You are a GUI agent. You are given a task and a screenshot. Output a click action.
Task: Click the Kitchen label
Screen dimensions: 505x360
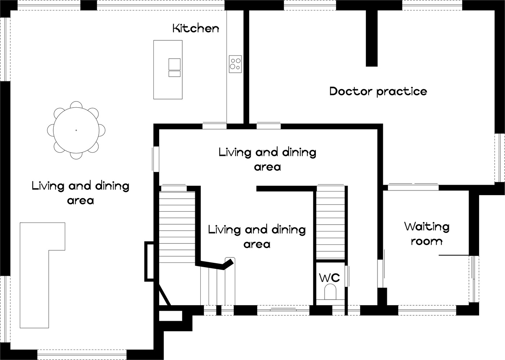pos(196,28)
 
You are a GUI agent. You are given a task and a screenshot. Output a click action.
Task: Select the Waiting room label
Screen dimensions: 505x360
pos(427,234)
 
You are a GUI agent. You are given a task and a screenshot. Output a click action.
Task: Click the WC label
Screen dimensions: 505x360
pos(329,278)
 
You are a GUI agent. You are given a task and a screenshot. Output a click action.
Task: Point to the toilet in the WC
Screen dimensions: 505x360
pos(330,292)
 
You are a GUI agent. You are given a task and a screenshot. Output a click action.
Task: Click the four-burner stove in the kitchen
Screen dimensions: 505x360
pos(235,64)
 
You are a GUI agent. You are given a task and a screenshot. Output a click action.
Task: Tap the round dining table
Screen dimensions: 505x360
pos(76,130)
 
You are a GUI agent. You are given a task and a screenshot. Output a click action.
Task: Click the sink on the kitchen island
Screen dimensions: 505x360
pos(174,64)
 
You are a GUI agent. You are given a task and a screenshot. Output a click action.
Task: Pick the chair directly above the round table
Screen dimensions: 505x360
pos(76,104)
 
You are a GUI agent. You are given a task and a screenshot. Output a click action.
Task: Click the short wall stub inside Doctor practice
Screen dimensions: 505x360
pos(371,38)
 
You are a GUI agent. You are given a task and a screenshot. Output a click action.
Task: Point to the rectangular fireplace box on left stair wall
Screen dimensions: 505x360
pos(149,262)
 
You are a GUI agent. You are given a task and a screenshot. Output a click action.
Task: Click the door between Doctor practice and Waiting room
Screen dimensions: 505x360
pos(413,187)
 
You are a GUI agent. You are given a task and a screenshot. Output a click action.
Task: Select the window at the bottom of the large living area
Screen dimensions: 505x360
pos(82,354)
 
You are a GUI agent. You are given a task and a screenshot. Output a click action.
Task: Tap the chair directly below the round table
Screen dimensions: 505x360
pos(76,156)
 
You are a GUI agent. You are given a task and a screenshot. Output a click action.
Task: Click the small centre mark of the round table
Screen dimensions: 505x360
pos(76,130)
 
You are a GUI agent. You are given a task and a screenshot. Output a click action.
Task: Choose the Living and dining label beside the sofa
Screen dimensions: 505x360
pos(80,193)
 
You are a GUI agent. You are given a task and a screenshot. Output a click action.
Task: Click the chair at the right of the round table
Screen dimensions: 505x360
pos(102,130)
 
